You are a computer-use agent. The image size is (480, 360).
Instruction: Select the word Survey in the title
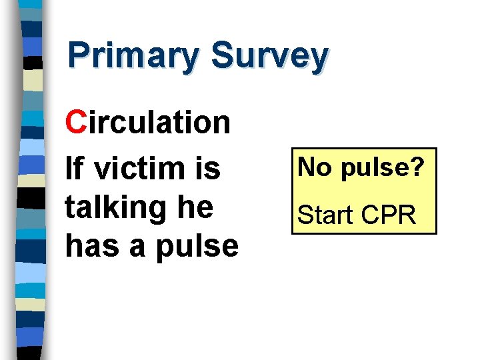tap(269, 56)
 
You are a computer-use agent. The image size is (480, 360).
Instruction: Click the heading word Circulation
tap(148, 122)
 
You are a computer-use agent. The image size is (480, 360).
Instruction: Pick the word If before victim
tap(75, 169)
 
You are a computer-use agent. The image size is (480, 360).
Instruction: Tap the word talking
tap(115, 208)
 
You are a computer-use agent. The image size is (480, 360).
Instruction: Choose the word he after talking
tap(195, 207)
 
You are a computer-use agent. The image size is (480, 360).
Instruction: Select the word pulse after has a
tap(197, 247)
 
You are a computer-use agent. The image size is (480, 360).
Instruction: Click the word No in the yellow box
tap(314, 168)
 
